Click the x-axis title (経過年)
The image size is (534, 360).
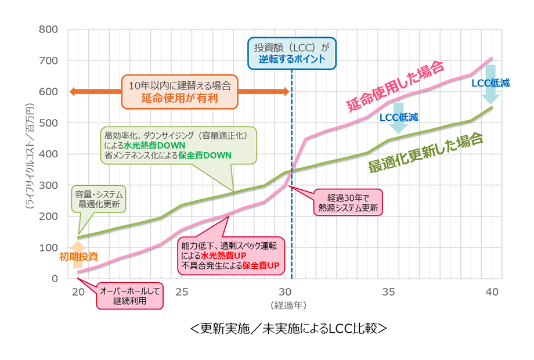coord(284,304)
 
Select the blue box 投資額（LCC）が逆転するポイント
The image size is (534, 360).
coord(291,53)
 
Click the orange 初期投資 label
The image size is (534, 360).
coord(78,255)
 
